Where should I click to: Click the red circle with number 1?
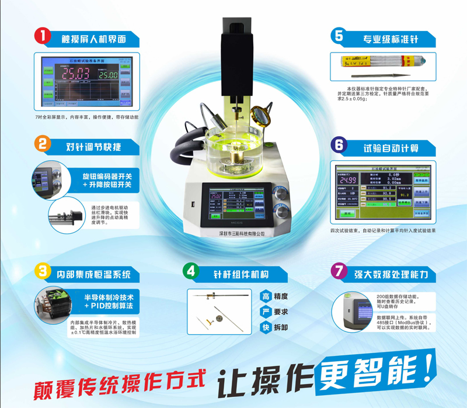(x=40, y=36)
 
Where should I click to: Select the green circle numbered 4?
(x=190, y=271)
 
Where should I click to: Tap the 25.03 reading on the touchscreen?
(x=76, y=74)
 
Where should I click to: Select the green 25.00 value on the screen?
(x=107, y=75)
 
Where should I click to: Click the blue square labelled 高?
(x=266, y=296)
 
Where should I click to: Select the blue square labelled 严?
(x=266, y=312)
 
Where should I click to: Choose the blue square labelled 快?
(x=266, y=327)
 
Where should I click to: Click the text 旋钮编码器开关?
(x=107, y=175)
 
